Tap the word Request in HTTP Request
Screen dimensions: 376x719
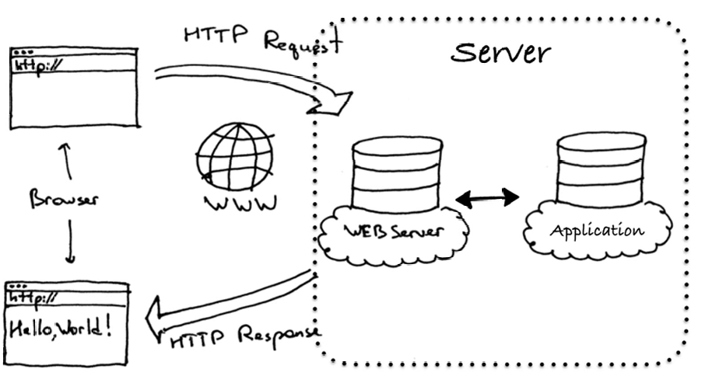[302, 42]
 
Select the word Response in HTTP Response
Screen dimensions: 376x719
[278, 336]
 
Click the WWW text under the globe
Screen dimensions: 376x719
[236, 204]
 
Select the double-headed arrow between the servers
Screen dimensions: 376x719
[487, 199]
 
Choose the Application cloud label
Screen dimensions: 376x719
[598, 231]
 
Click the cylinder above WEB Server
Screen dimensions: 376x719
[395, 175]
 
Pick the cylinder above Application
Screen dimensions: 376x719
[601, 169]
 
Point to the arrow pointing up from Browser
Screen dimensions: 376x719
[66, 160]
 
